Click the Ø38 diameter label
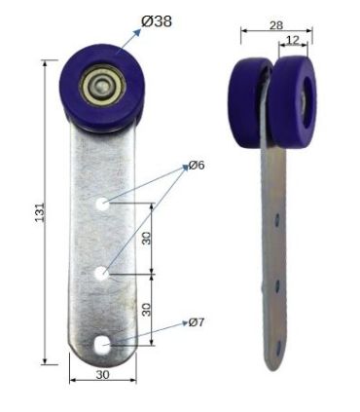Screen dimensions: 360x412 [157, 21]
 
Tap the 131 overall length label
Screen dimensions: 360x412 [39, 212]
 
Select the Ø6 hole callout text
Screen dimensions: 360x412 [197, 166]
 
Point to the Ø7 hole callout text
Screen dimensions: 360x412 [197, 322]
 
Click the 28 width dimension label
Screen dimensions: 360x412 [276, 25]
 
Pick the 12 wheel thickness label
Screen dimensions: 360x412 [293, 40]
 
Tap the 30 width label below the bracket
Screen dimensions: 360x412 [102, 375]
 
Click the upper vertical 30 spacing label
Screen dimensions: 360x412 [147, 238]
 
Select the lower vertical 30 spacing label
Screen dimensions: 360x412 [147, 310]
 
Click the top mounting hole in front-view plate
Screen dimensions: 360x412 [102, 205]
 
